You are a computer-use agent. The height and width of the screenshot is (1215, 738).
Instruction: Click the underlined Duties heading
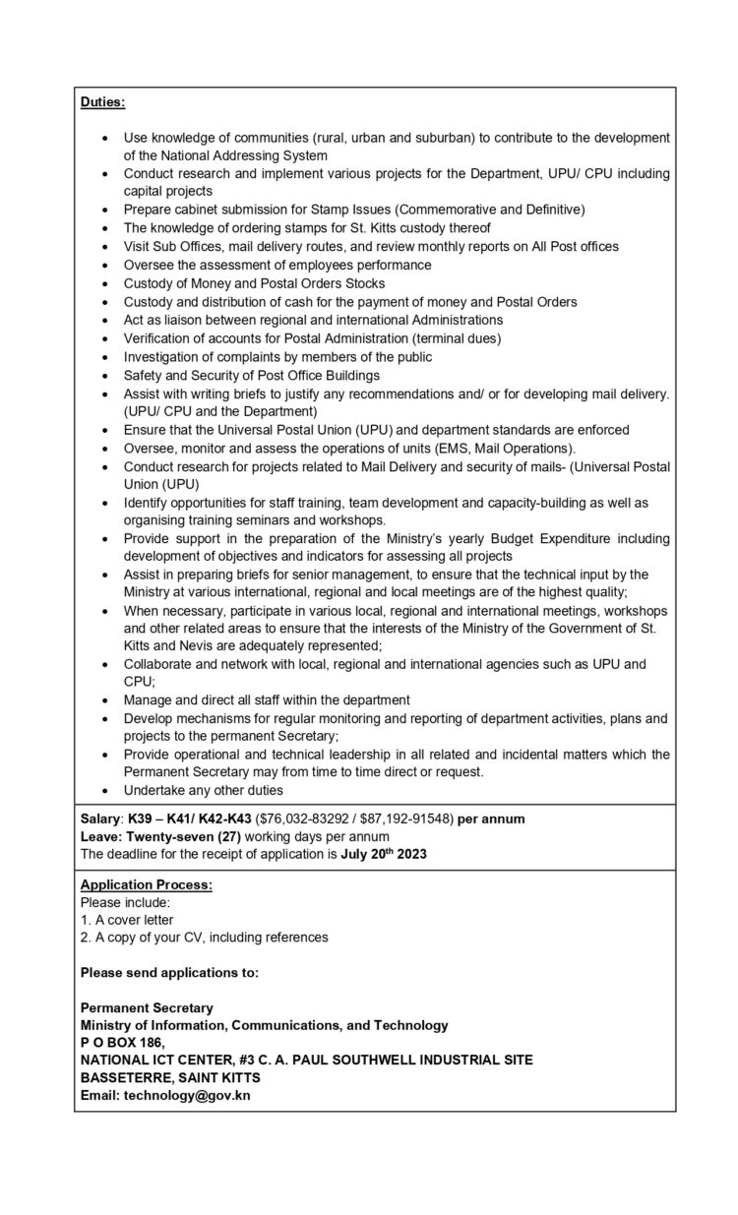102,101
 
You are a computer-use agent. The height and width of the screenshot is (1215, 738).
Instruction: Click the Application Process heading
147,884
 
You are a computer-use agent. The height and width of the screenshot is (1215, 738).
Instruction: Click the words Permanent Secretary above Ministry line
147,1007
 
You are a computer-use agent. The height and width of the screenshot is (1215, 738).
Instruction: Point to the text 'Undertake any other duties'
204,790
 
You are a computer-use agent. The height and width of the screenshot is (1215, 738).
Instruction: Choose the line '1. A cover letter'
127,920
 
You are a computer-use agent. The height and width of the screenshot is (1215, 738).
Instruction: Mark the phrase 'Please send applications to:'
169,973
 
